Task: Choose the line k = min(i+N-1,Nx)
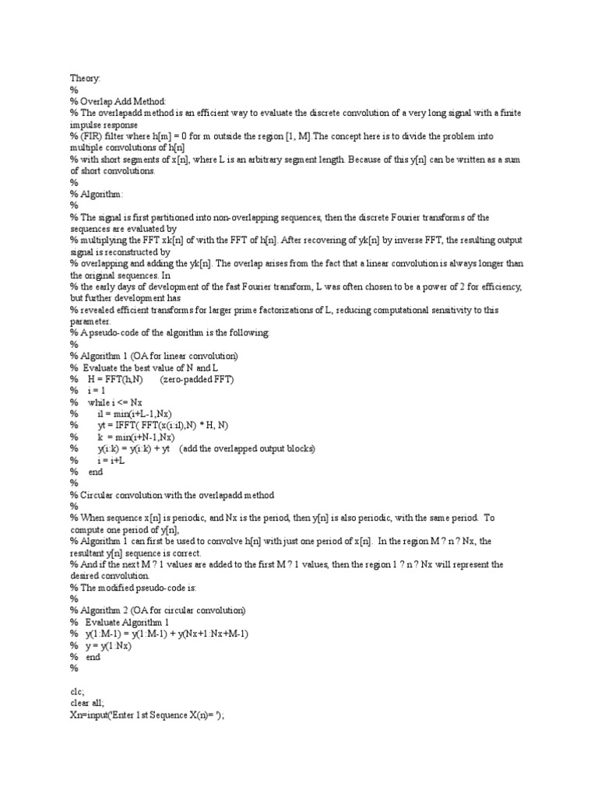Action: point(140,437)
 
